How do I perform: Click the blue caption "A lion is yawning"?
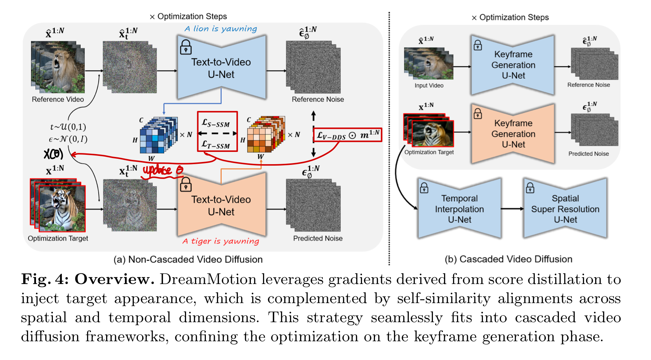click(x=221, y=29)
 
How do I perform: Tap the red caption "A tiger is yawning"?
click(x=221, y=241)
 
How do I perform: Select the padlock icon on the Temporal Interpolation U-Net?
click(x=424, y=188)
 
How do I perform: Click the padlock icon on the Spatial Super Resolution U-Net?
click(x=530, y=188)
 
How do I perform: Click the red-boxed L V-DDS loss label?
click(x=347, y=135)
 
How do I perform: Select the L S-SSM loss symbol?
click(x=216, y=123)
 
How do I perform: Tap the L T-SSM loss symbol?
click(x=216, y=145)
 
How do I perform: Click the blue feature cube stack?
click(x=158, y=135)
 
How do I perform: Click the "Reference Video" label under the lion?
click(x=58, y=99)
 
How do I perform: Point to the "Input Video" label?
click(x=429, y=86)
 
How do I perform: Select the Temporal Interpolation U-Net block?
click(x=460, y=209)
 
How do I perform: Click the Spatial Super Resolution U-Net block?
click(x=565, y=209)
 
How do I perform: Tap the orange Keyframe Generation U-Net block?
click(x=513, y=134)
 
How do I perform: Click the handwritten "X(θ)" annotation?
click(x=53, y=154)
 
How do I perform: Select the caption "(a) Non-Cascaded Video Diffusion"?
click(x=188, y=260)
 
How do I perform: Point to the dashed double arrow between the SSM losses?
click(x=217, y=134)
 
